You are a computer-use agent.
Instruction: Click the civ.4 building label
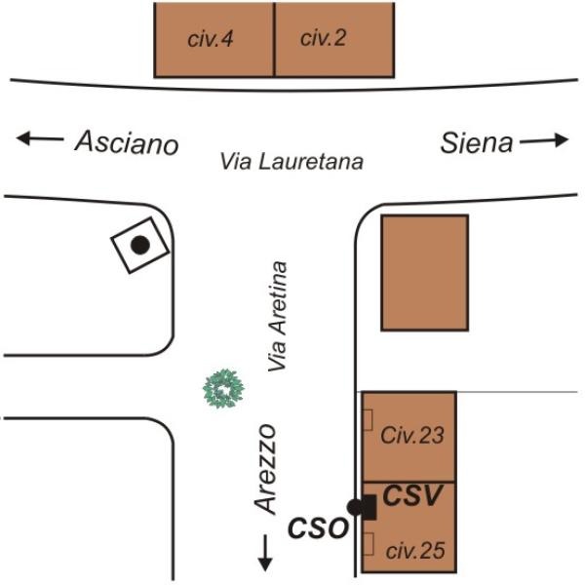tap(211, 39)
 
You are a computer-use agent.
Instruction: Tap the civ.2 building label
tap(323, 38)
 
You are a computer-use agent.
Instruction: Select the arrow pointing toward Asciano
tap(40, 138)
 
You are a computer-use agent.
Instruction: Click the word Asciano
tap(127, 142)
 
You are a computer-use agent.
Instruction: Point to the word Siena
tap(477, 143)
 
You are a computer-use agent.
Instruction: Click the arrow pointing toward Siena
tap(544, 140)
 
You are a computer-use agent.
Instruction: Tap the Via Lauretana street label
tap(292, 162)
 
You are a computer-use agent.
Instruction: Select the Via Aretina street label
tap(278, 316)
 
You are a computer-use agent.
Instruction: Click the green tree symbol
tap(223, 388)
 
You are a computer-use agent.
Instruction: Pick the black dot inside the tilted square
tap(140, 245)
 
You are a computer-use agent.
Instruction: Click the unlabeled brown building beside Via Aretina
tap(424, 273)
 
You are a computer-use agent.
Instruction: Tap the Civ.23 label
tap(412, 436)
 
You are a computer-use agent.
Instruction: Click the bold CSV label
tap(412, 495)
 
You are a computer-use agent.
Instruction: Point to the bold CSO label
tap(318, 527)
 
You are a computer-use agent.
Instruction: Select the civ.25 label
tap(415, 551)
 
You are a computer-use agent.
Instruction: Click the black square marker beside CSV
tap(369, 507)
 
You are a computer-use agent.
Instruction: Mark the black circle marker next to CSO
tap(355, 507)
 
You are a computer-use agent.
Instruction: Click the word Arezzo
tap(265, 469)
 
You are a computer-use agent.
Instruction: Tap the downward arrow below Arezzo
tap(265, 553)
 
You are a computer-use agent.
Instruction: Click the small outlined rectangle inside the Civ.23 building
tap(368, 420)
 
